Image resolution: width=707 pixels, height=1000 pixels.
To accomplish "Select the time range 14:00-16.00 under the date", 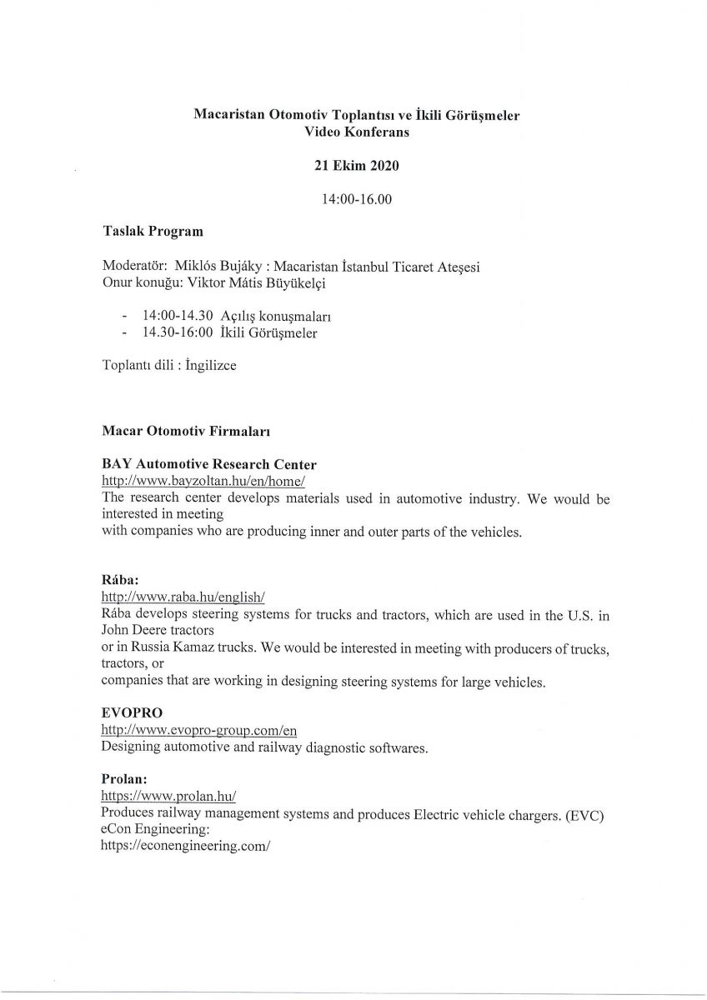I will (356, 199).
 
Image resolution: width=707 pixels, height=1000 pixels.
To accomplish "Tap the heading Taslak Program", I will (153, 232).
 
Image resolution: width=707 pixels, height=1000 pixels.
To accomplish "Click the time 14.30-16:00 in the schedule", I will (178, 333).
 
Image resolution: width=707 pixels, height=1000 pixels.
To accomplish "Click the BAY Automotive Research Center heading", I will (208, 463).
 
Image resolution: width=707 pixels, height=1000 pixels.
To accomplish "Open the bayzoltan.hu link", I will (204, 481).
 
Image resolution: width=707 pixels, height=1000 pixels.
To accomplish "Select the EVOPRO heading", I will (129, 713).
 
